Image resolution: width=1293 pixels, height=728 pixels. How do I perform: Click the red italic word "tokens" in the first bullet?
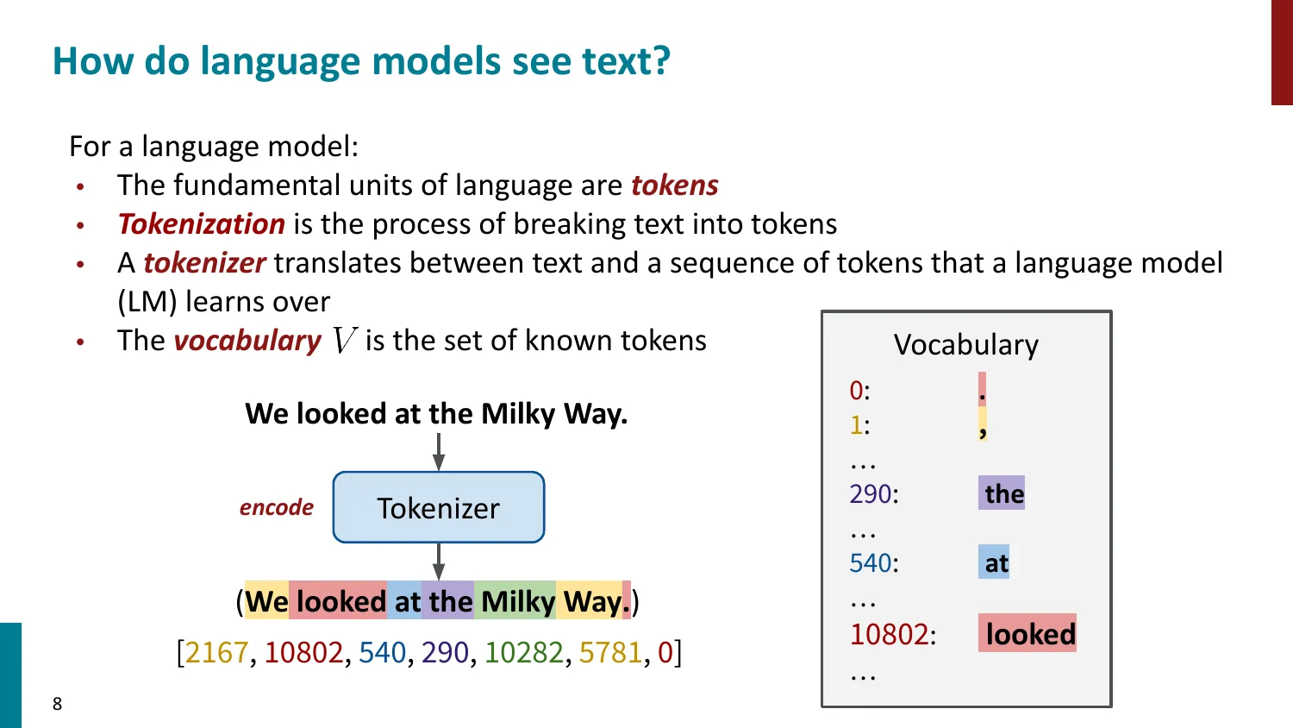pos(674,185)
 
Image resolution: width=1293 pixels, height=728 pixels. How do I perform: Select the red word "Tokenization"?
pos(202,224)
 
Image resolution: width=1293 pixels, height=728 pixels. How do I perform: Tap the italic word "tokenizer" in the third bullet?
pos(204,263)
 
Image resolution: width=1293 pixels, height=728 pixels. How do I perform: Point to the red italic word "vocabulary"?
pos(247,341)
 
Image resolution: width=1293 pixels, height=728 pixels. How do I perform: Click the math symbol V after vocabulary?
pos(344,342)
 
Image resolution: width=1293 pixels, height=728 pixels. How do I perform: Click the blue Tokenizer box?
pos(439,508)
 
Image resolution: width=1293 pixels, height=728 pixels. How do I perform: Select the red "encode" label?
pos(277,508)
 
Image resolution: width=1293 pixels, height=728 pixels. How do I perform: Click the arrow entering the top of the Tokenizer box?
pos(439,451)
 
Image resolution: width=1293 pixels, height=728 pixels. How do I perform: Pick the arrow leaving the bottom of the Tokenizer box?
pos(439,562)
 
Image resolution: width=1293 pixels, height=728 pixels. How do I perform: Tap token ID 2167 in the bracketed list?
pos(216,653)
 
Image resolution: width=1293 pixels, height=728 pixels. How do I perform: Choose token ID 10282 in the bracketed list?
pos(524,653)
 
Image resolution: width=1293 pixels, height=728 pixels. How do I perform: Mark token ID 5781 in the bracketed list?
pos(610,653)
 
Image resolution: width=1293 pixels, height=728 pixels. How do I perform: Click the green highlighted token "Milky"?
pos(517,601)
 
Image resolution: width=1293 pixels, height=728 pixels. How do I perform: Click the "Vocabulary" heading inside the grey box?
pos(965,345)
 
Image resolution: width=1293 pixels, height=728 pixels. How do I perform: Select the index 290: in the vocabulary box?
pos(873,494)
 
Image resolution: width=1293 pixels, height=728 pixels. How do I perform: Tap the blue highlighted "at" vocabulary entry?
pos(995,563)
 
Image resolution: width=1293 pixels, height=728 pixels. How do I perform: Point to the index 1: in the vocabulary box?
pos(859,425)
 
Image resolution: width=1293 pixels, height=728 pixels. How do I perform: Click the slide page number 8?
pos(58,704)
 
